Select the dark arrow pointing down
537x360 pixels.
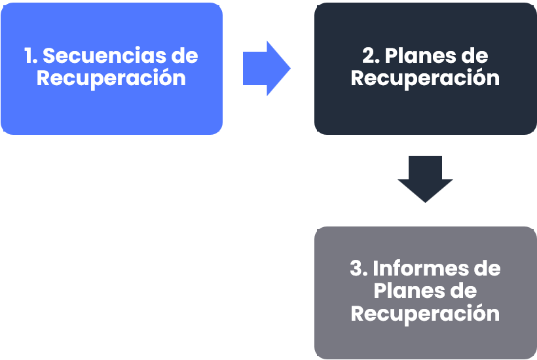pyautogui.click(x=425, y=179)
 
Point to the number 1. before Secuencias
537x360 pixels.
pyautogui.click(x=31, y=56)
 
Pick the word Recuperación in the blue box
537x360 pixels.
pyautogui.click(x=111, y=78)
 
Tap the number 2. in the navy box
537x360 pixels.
pyautogui.click(x=371, y=56)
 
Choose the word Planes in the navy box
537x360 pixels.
pyautogui.click(x=422, y=56)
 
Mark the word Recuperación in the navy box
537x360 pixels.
pyautogui.click(x=425, y=78)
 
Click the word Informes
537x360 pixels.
pyautogui.click(x=418, y=268)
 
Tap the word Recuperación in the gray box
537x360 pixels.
pyautogui.click(x=425, y=313)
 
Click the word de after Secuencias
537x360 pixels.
pyautogui.click(x=184, y=56)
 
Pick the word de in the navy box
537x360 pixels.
pyautogui.click(x=475, y=56)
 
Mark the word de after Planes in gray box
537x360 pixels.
pyautogui.click(x=462, y=291)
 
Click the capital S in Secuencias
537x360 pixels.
pyautogui.click(x=49, y=56)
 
